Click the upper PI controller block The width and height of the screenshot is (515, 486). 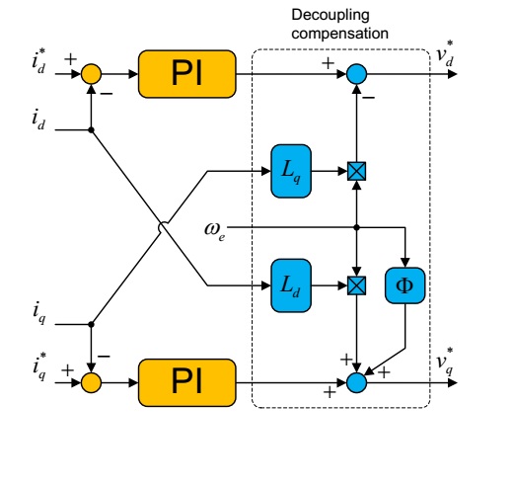(x=188, y=73)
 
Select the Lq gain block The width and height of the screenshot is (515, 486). (x=292, y=171)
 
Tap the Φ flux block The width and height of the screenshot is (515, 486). (x=405, y=285)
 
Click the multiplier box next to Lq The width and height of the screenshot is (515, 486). (x=357, y=171)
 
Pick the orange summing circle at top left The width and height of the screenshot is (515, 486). (x=91, y=73)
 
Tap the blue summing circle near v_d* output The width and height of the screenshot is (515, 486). (x=357, y=73)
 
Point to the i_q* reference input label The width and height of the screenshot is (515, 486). (x=40, y=372)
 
